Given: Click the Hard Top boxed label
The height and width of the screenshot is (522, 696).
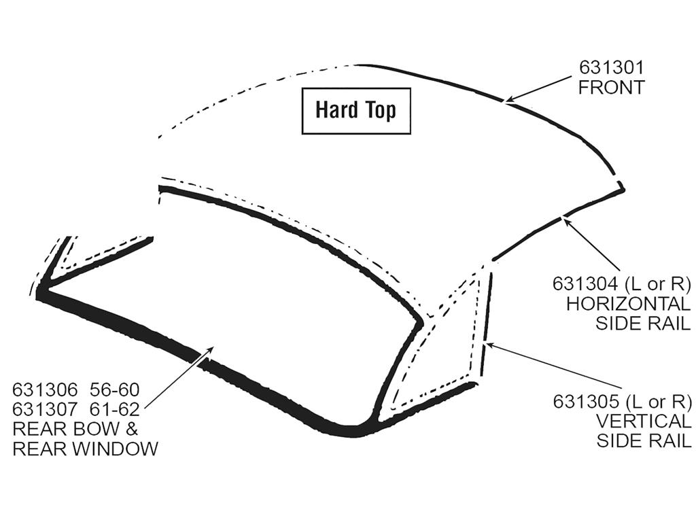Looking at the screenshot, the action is pos(356,111).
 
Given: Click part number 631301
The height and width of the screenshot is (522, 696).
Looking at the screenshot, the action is pos(611,68).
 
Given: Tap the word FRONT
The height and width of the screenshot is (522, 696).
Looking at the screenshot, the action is pos(611,88).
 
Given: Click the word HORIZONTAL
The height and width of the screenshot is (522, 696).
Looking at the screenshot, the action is pos(629,304).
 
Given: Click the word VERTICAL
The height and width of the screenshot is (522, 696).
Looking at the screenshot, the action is pos(644,421).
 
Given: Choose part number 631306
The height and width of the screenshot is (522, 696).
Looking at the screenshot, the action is pos(45,389).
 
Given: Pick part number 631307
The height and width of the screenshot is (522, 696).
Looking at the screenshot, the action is pos(45,408).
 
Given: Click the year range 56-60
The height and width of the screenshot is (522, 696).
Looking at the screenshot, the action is pos(115,389).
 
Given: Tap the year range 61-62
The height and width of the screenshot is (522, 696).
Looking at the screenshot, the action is pos(115,408).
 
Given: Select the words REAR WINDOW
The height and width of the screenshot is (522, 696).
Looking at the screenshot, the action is pos(85,449).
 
